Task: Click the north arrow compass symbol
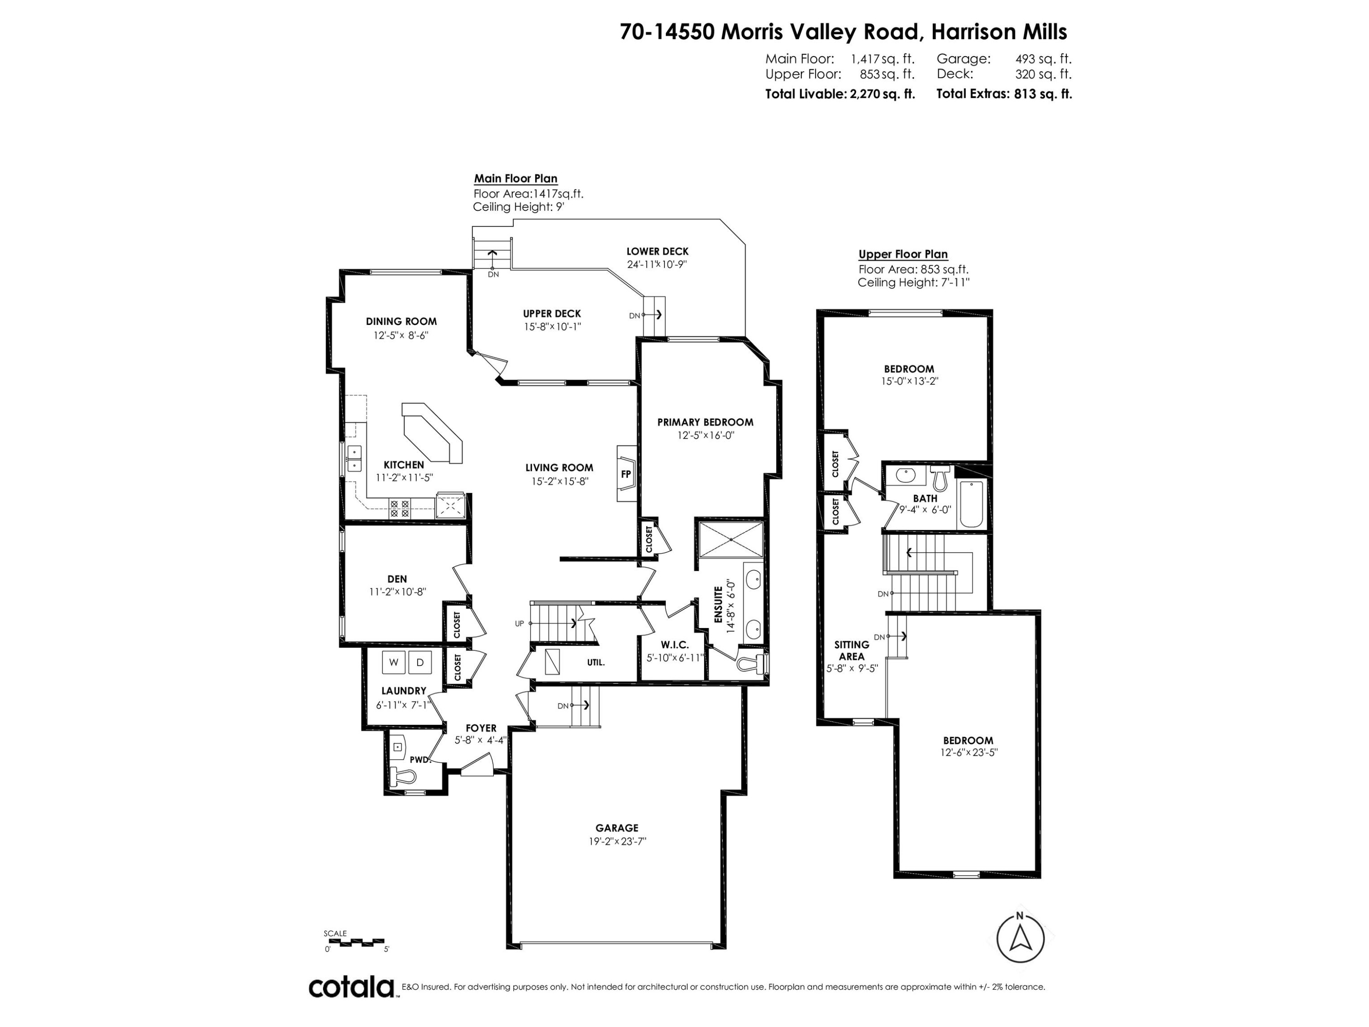1020,938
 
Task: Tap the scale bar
355,943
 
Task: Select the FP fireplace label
626,474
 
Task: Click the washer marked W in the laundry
394,662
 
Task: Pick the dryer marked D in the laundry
420,662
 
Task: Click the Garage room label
617,828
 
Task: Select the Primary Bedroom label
705,422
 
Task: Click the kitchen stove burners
399,508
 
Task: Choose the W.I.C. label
674,644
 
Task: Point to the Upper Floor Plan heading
903,254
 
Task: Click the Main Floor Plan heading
516,178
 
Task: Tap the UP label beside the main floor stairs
519,624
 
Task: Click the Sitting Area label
852,650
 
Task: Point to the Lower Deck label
657,252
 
